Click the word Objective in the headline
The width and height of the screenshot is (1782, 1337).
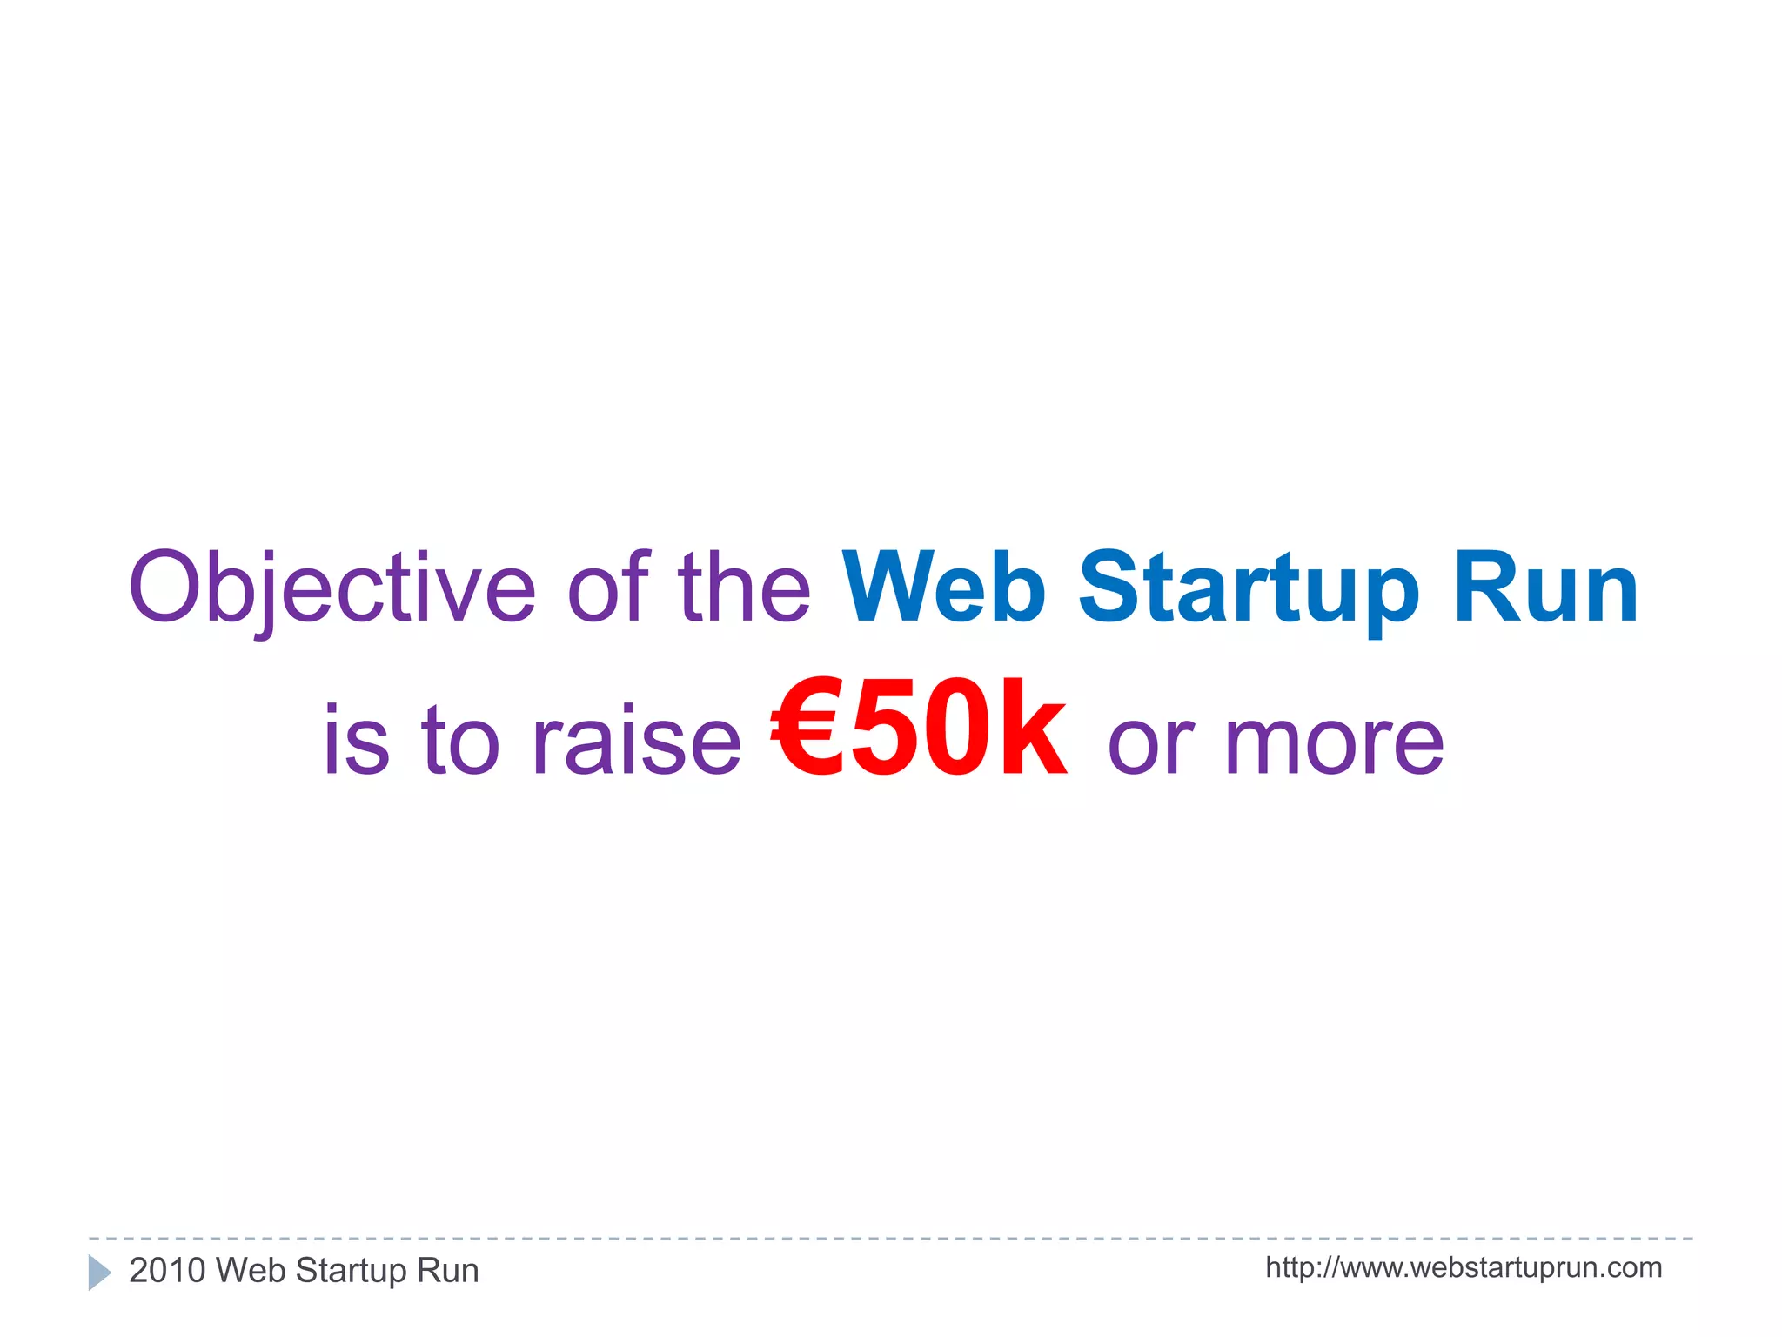(332, 589)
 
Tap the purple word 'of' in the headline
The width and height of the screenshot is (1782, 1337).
(608, 588)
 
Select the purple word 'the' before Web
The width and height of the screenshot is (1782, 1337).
(744, 588)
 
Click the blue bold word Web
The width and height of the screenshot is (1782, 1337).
(944, 588)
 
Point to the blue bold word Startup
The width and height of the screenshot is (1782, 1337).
(1249, 589)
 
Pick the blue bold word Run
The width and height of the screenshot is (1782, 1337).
(1546, 589)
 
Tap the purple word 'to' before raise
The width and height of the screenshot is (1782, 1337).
(460, 741)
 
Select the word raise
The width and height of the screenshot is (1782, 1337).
(636, 741)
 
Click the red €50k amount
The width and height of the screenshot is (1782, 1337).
(919, 729)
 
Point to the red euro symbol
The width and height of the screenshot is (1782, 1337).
(807, 729)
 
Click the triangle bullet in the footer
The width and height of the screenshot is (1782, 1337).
(99, 1273)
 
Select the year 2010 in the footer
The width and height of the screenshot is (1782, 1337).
(167, 1271)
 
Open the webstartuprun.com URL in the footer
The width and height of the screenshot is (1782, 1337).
(1464, 1268)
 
